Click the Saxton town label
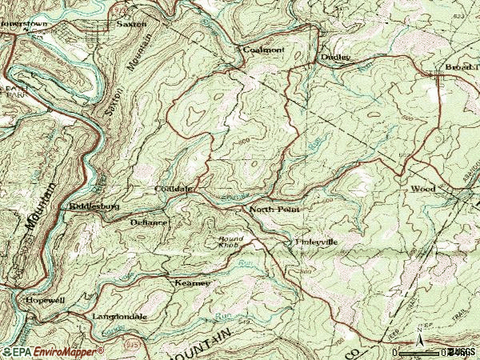[x=132, y=24]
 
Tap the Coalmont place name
[x=263, y=50]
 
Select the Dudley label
[x=336, y=58]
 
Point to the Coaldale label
[x=174, y=189]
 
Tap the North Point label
[x=272, y=210]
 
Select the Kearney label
[x=192, y=283]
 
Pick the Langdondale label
[x=119, y=317]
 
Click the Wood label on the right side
[x=422, y=190]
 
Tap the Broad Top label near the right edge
[x=462, y=67]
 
